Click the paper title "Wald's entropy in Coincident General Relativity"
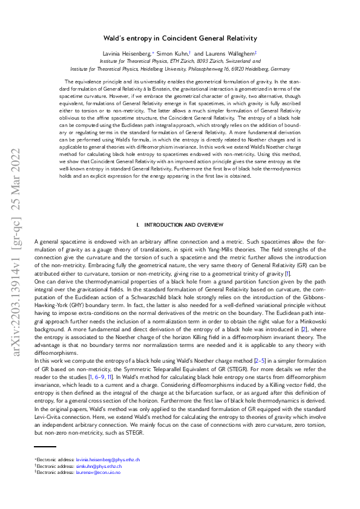pyautogui.click(x=180, y=38)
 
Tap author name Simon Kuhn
pyautogui.click(x=178, y=54)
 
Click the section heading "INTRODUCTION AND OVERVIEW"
pyautogui.click(x=183, y=224)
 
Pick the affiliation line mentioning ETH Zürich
pyautogui.click(x=180, y=61)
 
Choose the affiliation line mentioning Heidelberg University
pyautogui.click(x=180, y=68)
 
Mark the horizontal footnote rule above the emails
pyautogui.click(x=45, y=447)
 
